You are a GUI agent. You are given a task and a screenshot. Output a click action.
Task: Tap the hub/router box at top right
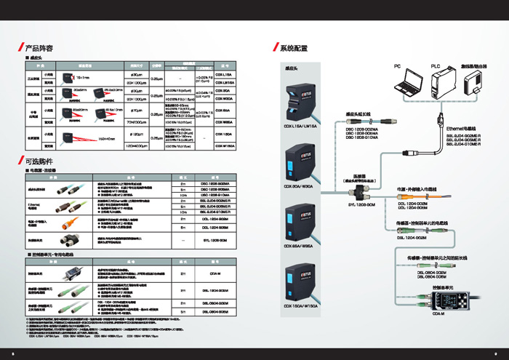(475, 84)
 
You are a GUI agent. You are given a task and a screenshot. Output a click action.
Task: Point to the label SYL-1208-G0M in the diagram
(355, 204)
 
